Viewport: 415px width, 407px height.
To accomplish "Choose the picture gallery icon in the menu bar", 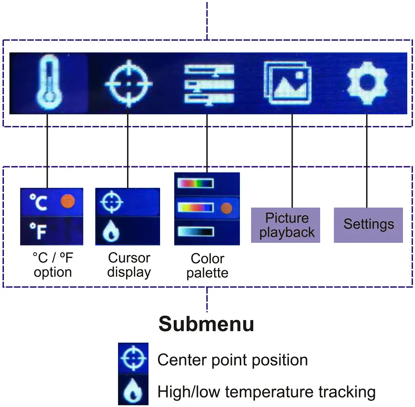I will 287,83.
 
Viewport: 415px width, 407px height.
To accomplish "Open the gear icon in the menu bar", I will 367,83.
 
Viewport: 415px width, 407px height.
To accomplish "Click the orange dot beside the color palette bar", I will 226,208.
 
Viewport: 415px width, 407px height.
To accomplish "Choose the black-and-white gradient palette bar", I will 196,232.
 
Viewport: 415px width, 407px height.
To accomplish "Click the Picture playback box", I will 286,225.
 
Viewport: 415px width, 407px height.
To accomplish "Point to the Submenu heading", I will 206,324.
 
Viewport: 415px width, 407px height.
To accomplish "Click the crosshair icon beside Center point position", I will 133,359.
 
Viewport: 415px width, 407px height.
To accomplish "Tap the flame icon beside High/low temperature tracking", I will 133,391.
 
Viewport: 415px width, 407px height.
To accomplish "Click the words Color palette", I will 207,266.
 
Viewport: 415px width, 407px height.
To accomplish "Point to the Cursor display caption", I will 129,265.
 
